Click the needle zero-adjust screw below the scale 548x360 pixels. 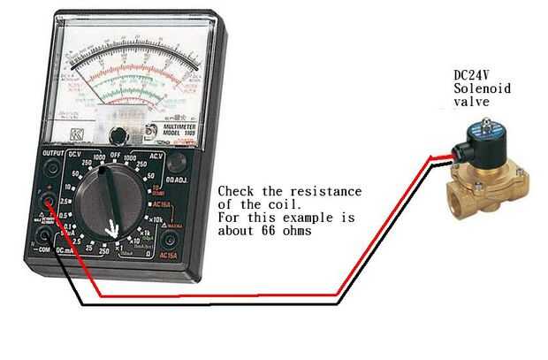click(x=117, y=134)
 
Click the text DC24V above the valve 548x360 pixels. click(x=471, y=75)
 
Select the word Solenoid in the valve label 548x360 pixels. click(x=478, y=89)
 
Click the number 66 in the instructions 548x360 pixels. click(x=285, y=231)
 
